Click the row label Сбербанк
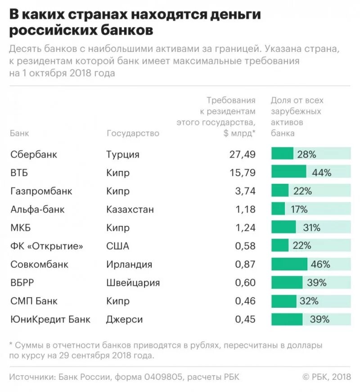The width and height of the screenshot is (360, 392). pyautogui.click(x=34, y=154)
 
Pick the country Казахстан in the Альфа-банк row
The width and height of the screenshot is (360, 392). pyautogui.click(x=130, y=209)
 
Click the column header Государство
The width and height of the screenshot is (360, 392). pyautogui.click(x=133, y=133)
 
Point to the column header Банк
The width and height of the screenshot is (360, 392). pyautogui.click(x=19, y=133)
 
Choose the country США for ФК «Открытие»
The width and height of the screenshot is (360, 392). pyautogui.click(x=117, y=246)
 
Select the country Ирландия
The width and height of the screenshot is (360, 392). pyautogui.click(x=129, y=264)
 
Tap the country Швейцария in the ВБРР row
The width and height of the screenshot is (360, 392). pyautogui.click(x=133, y=283)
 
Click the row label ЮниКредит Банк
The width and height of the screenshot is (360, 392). pyautogui.click(x=50, y=319)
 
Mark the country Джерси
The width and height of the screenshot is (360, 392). pyautogui.click(x=125, y=319)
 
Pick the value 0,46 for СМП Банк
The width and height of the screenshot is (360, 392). pyautogui.click(x=245, y=301)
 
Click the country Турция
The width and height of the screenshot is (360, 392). pyautogui.click(x=123, y=154)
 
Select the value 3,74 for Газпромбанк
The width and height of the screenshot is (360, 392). pyautogui.click(x=245, y=191)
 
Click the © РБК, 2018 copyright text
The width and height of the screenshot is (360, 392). pyautogui.click(x=326, y=377)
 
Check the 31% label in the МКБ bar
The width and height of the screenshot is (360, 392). pyautogui.click(x=311, y=228)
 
